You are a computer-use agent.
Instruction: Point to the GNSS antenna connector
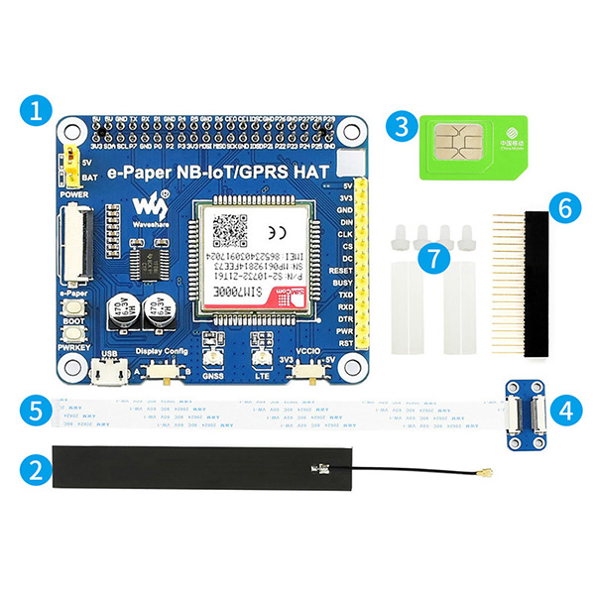click(x=210, y=359)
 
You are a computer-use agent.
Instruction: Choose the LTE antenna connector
click(x=263, y=359)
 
